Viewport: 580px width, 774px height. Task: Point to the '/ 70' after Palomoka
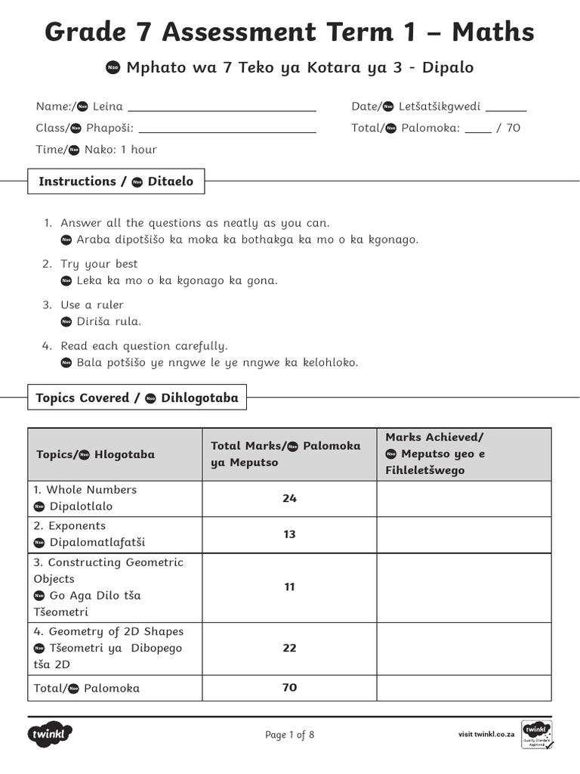click(x=508, y=128)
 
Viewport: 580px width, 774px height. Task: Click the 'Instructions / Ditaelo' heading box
click(x=116, y=181)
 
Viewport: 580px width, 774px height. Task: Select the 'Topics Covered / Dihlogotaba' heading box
click(x=137, y=398)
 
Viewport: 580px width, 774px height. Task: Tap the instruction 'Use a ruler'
click(x=92, y=305)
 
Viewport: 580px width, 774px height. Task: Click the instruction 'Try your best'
click(x=99, y=265)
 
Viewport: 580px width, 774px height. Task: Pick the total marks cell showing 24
click(x=289, y=499)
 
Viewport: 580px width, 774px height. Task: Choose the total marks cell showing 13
click(x=289, y=535)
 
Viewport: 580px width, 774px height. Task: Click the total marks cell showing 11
click(x=289, y=587)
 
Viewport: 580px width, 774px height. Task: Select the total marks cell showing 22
click(x=289, y=649)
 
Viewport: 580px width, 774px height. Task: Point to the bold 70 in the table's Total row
click(x=289, y=688)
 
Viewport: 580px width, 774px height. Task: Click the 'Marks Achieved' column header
click(x=434, y=438)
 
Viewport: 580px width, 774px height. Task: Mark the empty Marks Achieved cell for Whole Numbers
click(x=464, y=499)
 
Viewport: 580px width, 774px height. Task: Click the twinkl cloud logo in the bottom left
click(x=51, y=734)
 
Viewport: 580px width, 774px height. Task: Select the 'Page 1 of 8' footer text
click(x=289, y=735)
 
